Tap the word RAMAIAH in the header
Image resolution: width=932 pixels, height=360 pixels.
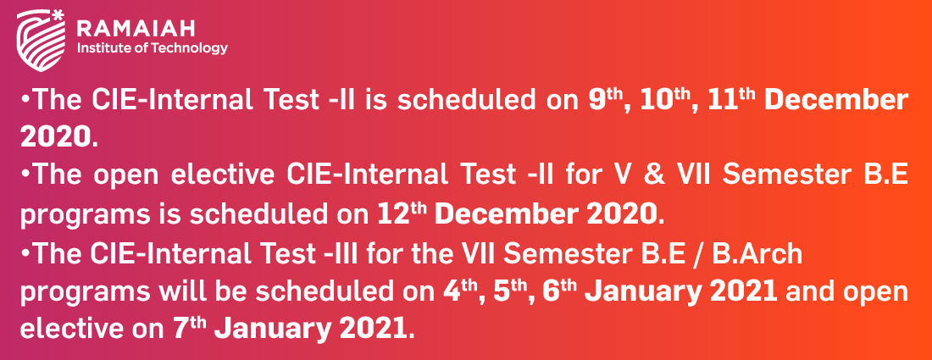(136, 27)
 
